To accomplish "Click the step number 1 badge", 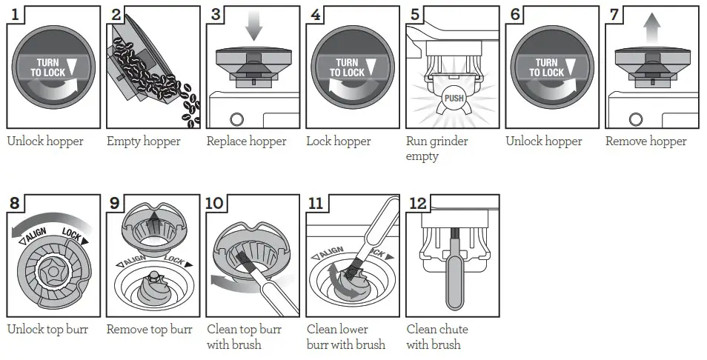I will [x=16, y=15].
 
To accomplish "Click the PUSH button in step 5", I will [x=453, y=98].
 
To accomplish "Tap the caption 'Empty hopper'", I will [x=143, y=141].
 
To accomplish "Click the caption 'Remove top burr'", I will [x=149, y=330].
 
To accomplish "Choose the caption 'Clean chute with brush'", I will [x=437, y=337].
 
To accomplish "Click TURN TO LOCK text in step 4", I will [x=347, y=68].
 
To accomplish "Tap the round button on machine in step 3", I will [x=237, y=119].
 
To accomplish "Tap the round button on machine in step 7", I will [x=636, y=119].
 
